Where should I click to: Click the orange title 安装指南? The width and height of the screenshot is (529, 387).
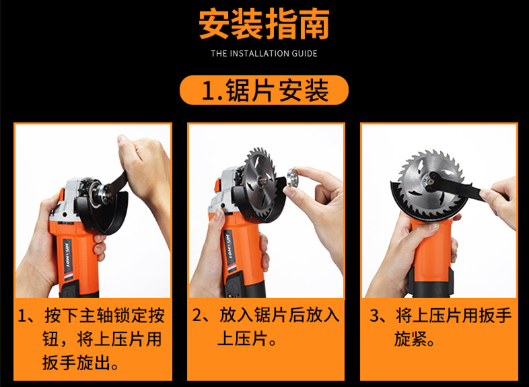tap(264, 24)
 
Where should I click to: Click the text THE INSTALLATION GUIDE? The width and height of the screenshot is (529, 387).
tap(264, 53)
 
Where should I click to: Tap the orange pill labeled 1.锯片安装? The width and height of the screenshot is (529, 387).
tap(264, 90)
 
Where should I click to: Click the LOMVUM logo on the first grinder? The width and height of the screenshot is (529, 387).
tap(67, 254)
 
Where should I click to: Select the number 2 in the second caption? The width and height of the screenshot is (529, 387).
tap(197, 315)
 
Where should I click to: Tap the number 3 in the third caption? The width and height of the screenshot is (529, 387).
tap(374, 316)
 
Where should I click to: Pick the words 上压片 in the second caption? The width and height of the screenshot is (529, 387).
tap(243, 338)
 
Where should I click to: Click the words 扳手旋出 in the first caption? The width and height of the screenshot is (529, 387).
tap(76, 363)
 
